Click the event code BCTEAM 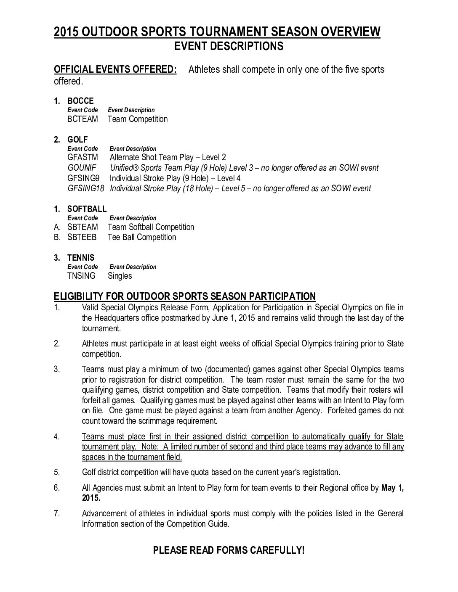click(x=83, y=119)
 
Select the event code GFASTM click(x=83, y=158)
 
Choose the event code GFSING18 click(x=86, y=188)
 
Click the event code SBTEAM click(x=83, y=227)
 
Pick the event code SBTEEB click(x=82, y=238)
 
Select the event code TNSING click(x=81, y=276)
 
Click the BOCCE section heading click(x=80, y=101)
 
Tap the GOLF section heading click(x=77, y=140)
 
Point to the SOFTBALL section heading click(x=87, y=209)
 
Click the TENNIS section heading click(x=81, y=258)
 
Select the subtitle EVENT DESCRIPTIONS click(x=229, y=46)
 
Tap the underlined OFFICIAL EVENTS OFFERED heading click(x=115, y=69)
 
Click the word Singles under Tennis click(x=120, y=276)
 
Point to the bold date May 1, click(x=392, y=489)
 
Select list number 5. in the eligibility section click(x=57, y=472)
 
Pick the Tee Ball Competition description click(x=142, y=238)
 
